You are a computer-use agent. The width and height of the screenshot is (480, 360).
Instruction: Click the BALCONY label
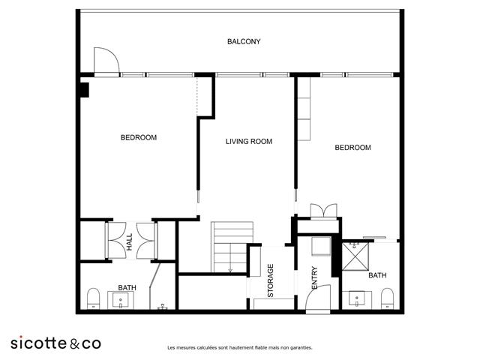(x=244, y=42)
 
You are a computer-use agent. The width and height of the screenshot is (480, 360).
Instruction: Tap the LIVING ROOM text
(x=248, y=141)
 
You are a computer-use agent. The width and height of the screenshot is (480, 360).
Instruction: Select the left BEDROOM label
(x=139, y=137)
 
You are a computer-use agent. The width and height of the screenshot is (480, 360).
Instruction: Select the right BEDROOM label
(x=352, y=148)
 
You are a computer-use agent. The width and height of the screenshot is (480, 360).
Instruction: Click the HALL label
(x=130, y=241)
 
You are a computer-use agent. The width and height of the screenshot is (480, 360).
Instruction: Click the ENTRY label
(x=314, y=279)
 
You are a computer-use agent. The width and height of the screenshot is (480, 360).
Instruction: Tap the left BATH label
(x=127, y=287)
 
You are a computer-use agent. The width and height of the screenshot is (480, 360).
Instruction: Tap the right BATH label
(x=377, y=276)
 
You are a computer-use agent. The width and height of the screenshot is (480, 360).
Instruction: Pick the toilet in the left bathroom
(x=94, y=298)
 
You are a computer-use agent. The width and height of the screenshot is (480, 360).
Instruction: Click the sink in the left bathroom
(x=121, y=301)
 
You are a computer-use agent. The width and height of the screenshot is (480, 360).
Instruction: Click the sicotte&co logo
(x=55, y=343)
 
